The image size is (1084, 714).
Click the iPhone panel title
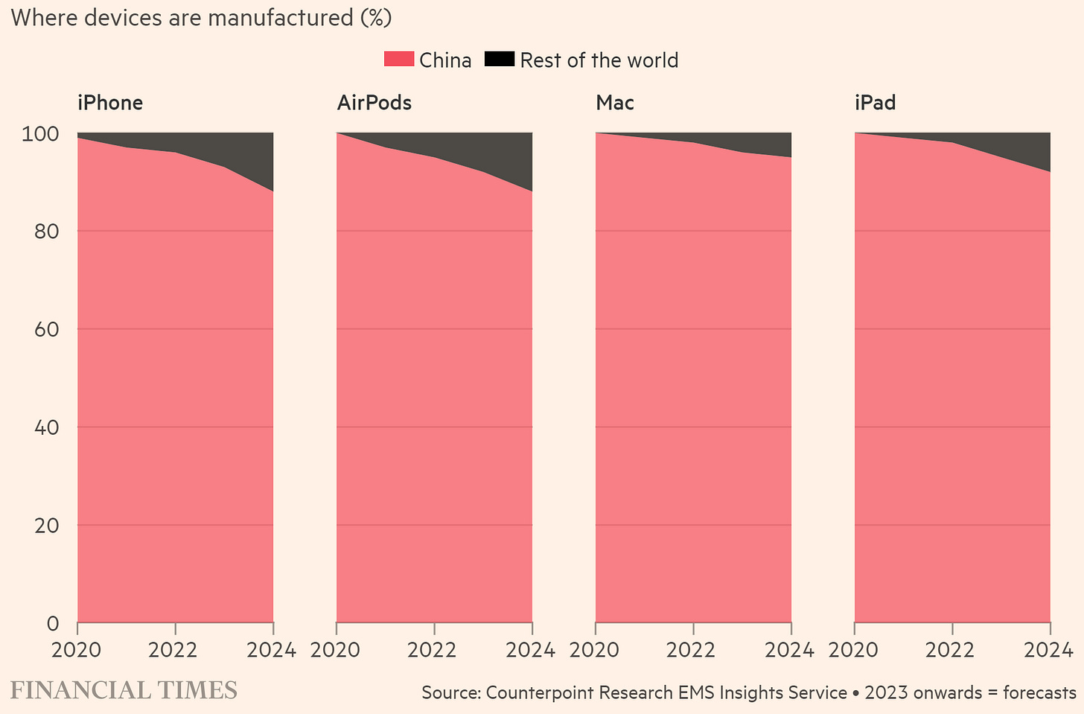coord(110,103)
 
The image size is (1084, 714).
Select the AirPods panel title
coord(374,103)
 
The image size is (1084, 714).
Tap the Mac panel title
coord(614,103)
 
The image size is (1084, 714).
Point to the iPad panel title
coord(875,103)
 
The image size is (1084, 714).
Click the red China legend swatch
coord(398,60)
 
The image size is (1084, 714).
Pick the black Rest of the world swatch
coord(499,60)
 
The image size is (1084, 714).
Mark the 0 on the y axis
coord(52,623)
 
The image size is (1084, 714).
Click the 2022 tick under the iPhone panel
coord(173,650)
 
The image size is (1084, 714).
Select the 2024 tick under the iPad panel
coord(1050,650)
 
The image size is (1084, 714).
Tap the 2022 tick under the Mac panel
coord(692,650)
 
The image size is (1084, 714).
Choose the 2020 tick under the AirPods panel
coord(336,650)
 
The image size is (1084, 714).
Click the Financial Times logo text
coord(124,690)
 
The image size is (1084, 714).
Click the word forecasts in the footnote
coord(1039,693)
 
